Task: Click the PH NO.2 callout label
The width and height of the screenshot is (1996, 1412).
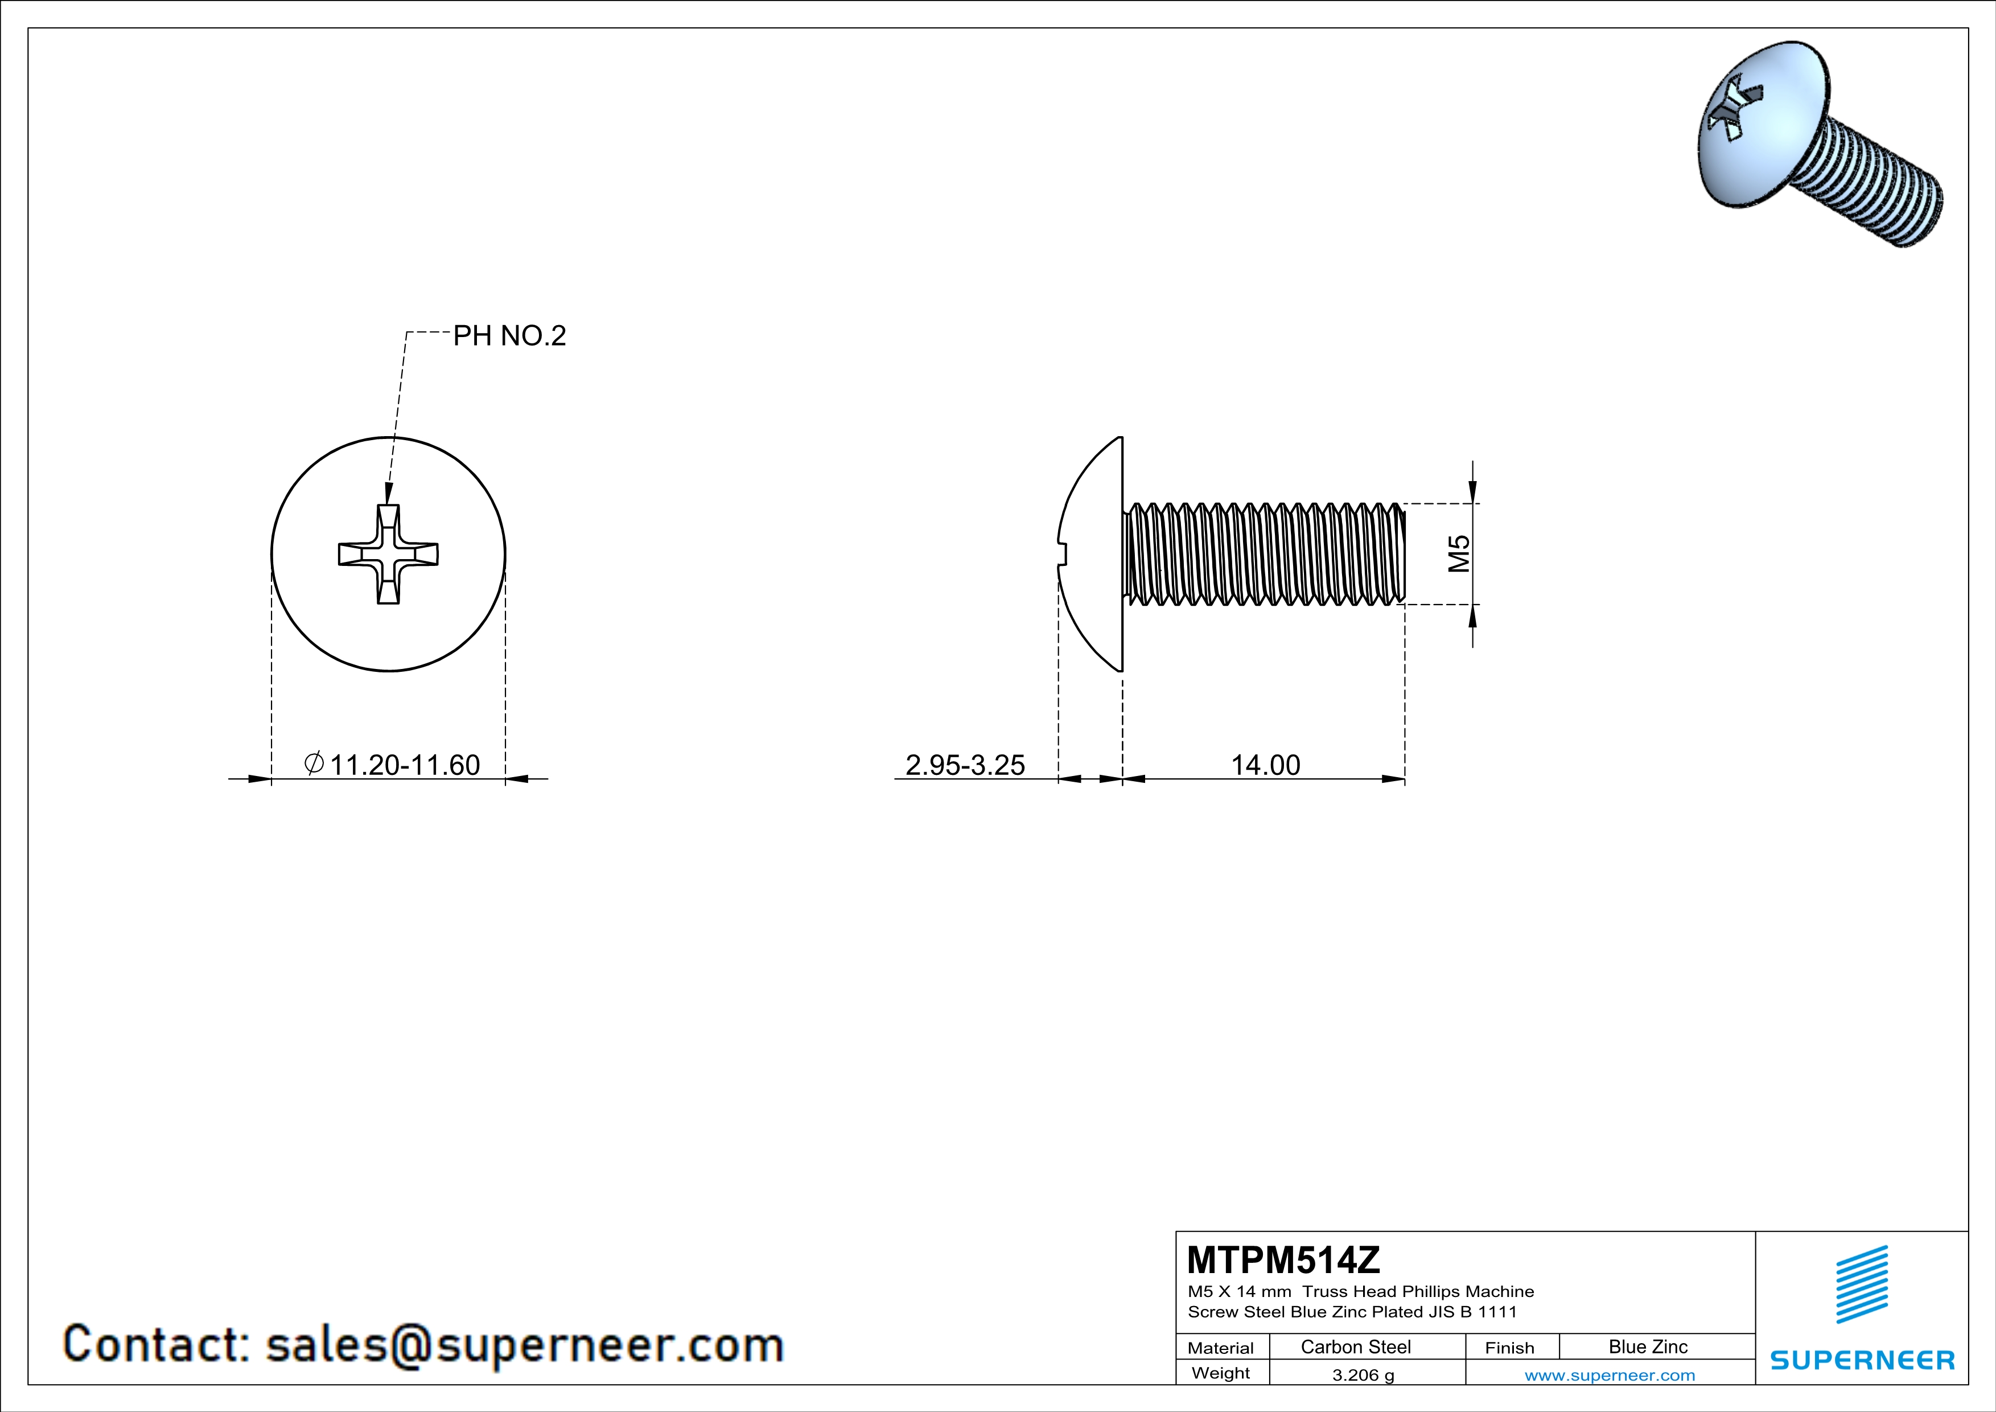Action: pos(509,335)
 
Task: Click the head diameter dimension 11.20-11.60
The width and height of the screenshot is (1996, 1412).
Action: pos(404,765)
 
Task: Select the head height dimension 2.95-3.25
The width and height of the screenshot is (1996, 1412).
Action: pos(965,765)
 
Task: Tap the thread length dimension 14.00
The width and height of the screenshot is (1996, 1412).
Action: pos(1265,765)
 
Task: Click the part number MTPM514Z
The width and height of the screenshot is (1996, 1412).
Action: pos(1283,1260)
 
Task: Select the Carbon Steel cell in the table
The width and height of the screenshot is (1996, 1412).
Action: pos(1355,1347)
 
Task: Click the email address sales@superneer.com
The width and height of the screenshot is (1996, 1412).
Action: pos(524,1344)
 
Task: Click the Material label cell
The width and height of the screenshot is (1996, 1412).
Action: pos(1221,1348)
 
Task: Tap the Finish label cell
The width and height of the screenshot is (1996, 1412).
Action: pos(1509,1348)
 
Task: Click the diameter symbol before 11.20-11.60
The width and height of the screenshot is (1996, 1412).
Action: pos(314,764)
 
